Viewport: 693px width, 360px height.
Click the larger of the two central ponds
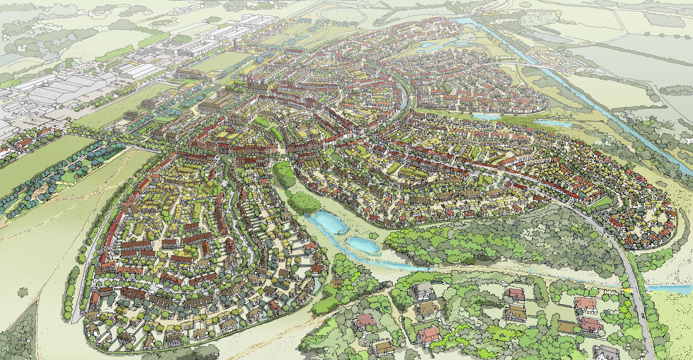click(x=328, y=222)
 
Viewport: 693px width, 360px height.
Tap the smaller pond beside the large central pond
click(x=362, y=245)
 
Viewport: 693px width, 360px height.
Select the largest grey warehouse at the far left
click(x=67, y=89)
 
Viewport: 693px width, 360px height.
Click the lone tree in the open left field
click(x=22, y=292)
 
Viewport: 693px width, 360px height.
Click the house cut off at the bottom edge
click(x=606, y=353)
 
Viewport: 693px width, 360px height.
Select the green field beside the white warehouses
click(x=221, y=61)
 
